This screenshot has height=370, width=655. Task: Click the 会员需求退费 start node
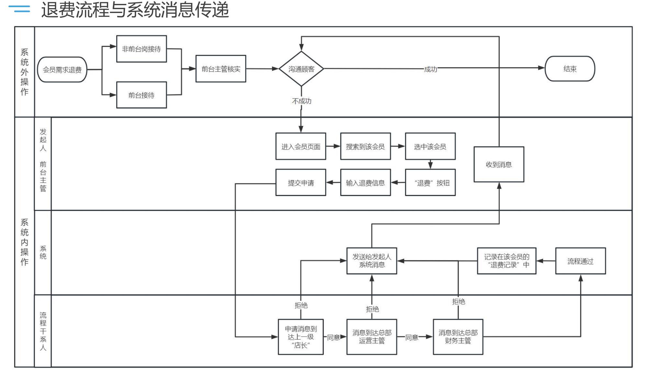click(62, 69)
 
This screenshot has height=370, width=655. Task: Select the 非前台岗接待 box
click(141, 49)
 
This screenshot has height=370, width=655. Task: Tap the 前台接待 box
click(141, 95)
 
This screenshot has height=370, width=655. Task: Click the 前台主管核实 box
click(221, 69)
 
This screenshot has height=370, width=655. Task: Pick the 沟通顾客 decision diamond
click(301, 69)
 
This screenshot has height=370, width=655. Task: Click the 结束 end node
click(570, 69)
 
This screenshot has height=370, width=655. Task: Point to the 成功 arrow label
click(430, 69)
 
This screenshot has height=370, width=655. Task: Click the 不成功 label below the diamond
click(301, 101)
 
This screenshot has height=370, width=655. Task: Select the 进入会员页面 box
click(301, 147)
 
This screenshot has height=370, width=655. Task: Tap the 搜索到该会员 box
click(365, 147)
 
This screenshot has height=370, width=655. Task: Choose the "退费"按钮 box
click(430, 183)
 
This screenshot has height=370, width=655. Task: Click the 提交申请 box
click(301, 183)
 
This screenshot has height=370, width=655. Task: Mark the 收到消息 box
click(499, 164)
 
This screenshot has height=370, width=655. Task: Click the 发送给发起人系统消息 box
click(372, 261)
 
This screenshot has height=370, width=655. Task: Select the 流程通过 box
click(580, 261)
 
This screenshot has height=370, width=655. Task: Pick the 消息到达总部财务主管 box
click(458, 337)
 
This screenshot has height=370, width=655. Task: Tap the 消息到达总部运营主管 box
click(372, 337)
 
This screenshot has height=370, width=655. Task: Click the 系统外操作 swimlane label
click(25, 72)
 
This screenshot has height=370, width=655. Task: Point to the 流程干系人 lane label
click(43, 331)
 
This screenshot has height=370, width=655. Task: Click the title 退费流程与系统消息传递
click(135, 10)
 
